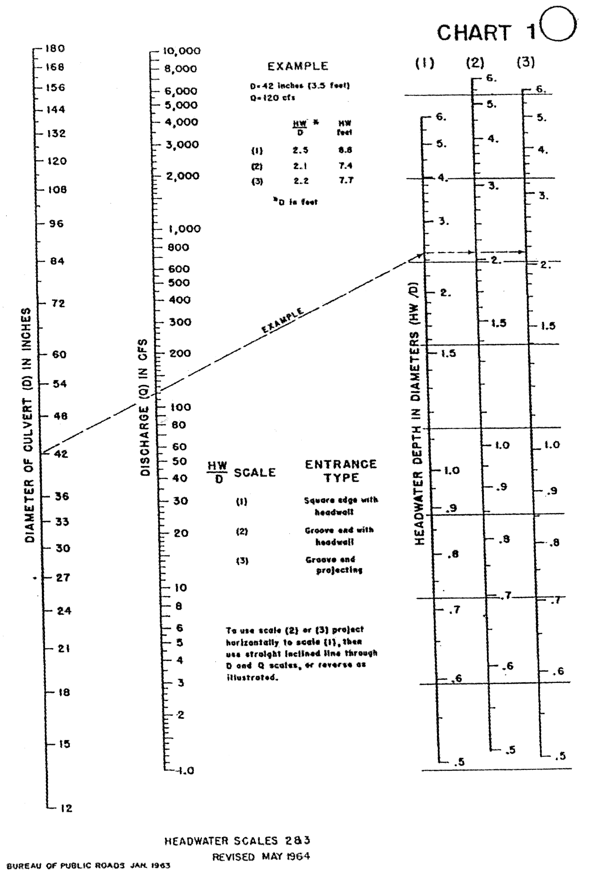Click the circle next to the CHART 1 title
coord(559,24)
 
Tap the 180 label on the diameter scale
coord(55,48)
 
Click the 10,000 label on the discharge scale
coord(182,51)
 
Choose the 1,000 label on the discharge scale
coord(185,228)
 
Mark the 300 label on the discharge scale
coord(180,322)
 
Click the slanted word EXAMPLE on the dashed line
coord(282,320)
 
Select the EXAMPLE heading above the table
coord(298,66)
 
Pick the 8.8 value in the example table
coord(345,150)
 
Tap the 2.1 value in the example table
coord(300,166)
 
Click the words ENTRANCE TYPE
coord(341,471)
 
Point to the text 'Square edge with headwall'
coord(340,506)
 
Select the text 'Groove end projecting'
coord(334,565)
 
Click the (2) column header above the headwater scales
coord(475,63)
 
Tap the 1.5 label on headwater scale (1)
coord(448,353)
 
